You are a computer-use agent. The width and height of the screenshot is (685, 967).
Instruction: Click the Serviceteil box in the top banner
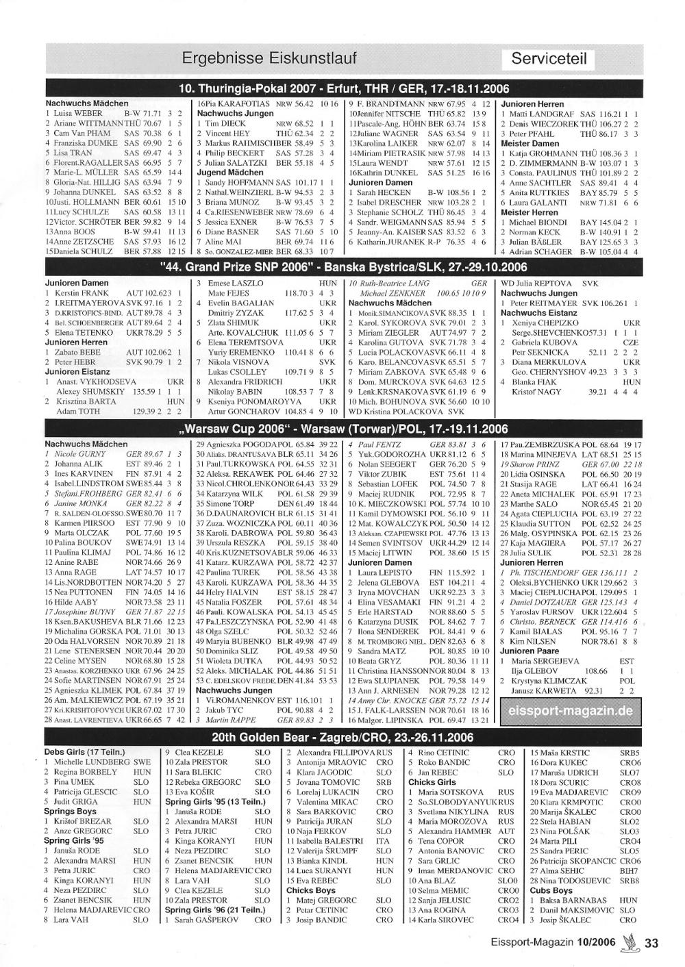(x=549, y=58)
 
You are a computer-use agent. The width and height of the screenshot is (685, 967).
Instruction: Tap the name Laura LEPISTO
(x=383, y=573)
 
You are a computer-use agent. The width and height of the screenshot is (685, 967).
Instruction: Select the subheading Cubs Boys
(x=551, y=890)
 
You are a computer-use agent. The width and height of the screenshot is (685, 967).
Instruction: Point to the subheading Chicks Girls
(x=432, y=782)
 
